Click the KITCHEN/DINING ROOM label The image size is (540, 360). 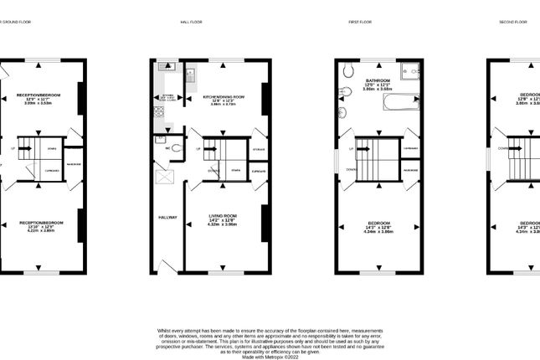pyautogui.click(x=223, y=96)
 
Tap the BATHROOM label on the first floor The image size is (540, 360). pyautogui.click(x=373, y=80)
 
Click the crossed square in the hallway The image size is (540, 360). pyautogui.click(x=163, y=176)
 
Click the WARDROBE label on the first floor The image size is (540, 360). pyautogui.click(x=410, y=170)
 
